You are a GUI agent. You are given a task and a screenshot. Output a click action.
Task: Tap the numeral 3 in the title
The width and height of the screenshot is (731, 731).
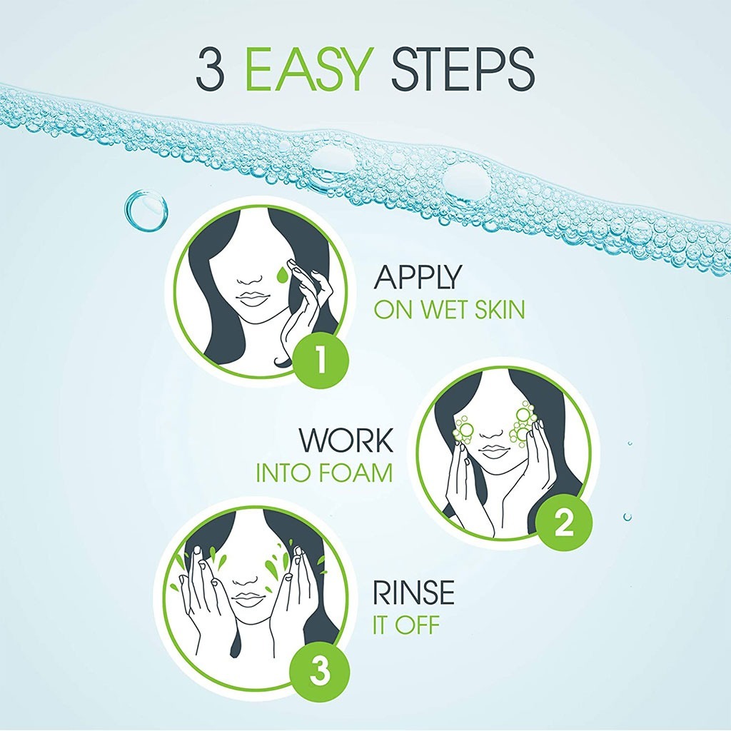(211, 71)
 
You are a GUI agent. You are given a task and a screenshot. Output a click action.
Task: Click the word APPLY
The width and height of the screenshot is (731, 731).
(418, 278)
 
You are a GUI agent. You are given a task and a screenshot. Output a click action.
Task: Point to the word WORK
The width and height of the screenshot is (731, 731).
(346, 441)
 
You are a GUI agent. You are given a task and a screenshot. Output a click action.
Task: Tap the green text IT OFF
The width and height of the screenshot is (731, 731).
(406, 627)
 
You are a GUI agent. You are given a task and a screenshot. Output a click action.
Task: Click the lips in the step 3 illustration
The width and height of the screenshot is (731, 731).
(249, 598)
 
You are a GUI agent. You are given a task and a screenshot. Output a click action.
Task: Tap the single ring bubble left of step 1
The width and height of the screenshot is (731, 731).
(146, 211)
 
